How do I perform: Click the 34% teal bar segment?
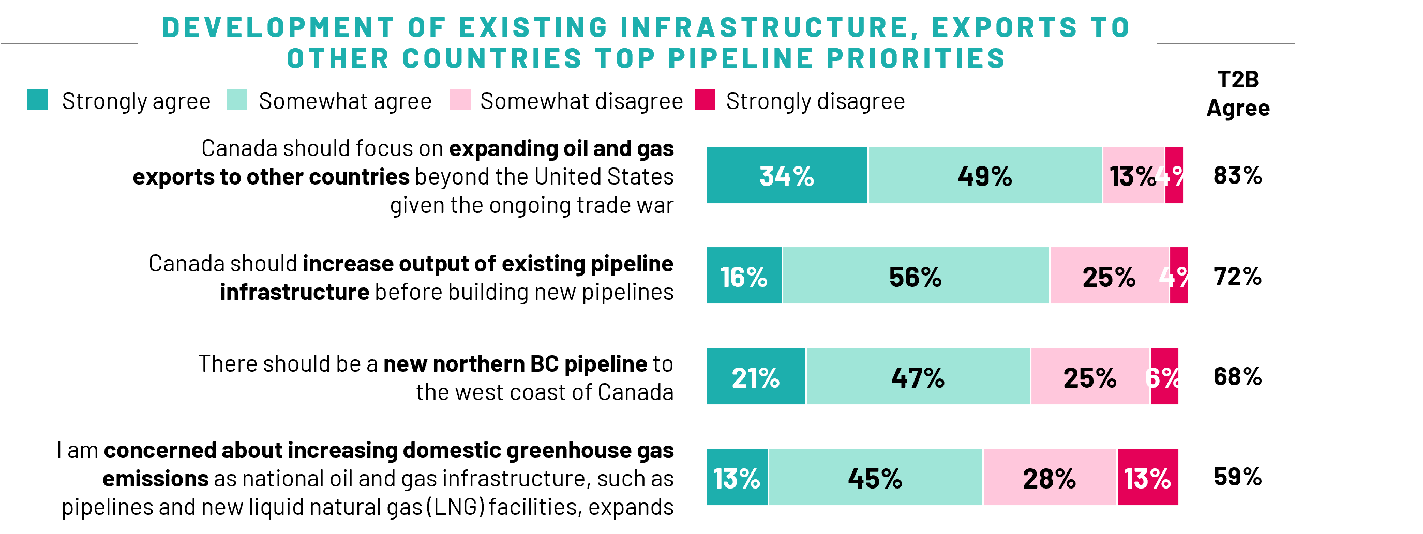coord(787,176)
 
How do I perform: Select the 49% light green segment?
coord(985,176)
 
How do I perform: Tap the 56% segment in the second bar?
coord(916,276)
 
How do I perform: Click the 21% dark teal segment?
coord(756,377)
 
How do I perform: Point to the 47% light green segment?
coord(918,377)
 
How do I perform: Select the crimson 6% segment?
coord(1164,377)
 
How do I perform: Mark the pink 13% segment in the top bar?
coord(1133,176)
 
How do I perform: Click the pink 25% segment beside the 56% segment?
coord(1109,276)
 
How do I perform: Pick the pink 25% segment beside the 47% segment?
coord(1090,377)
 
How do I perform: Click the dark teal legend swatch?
coord(38,99)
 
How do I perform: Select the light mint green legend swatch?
coord(237,99)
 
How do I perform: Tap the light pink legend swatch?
coord(460,99)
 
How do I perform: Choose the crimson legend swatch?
coord(705,99)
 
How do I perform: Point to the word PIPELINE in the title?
coord(740,58)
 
